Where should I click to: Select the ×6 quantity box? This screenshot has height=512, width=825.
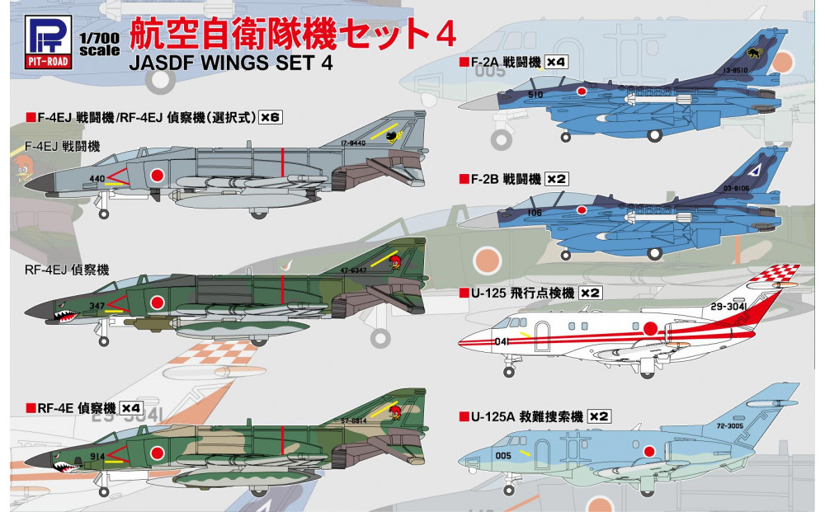point(270,117)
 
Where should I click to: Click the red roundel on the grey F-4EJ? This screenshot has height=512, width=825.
point(154,174)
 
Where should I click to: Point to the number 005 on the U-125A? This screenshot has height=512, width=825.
point(505,453)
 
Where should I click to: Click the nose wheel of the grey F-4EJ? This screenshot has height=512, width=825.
point(103,214)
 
